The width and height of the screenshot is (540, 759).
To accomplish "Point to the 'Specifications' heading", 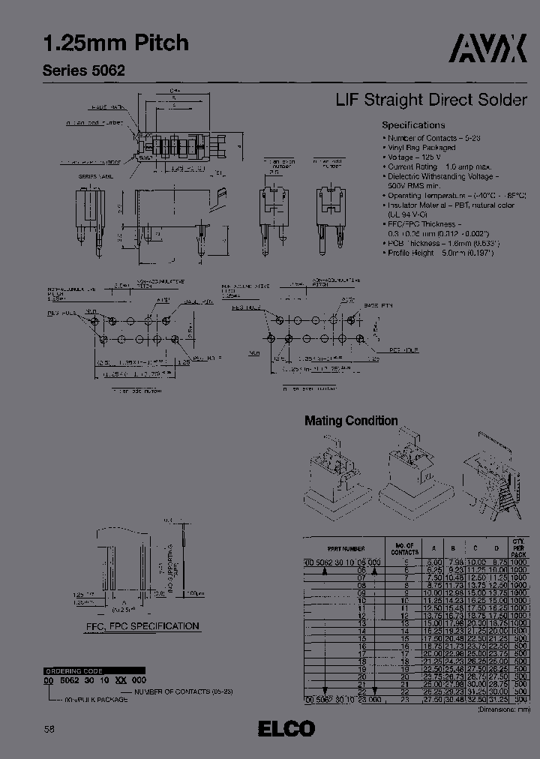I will (x=413, y=125).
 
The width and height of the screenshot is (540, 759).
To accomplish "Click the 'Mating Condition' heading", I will (x=351, y=421).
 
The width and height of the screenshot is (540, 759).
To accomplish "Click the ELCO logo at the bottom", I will (x=286, y=728).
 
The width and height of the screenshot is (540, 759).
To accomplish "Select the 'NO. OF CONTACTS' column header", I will (x=405, y=549).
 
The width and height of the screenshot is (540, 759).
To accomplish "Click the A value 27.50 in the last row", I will (x=433, y=697).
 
